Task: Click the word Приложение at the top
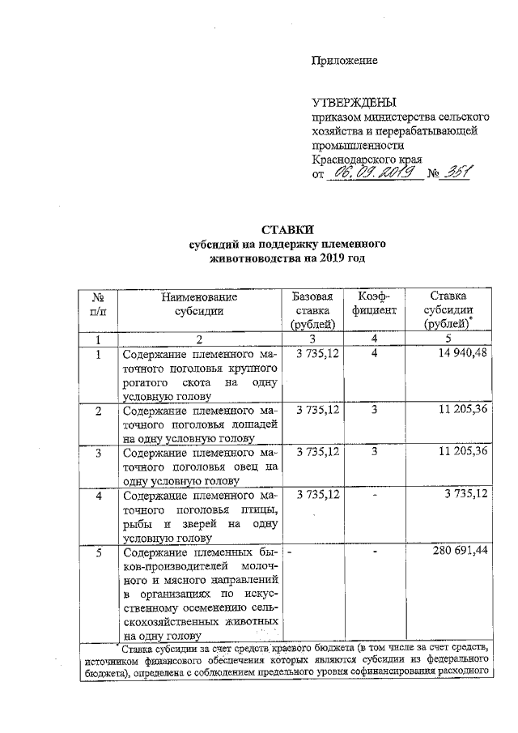point(345,61)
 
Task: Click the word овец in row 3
point(250,466)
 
